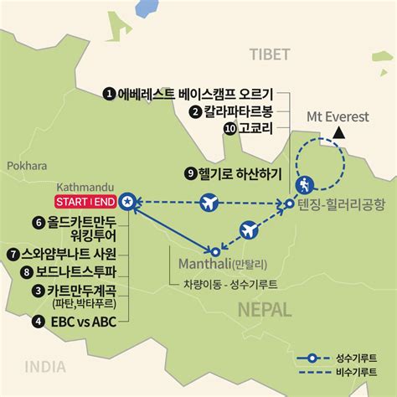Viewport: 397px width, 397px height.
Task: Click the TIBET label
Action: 270,54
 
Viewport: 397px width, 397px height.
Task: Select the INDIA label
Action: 45,365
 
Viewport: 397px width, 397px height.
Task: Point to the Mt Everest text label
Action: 338,117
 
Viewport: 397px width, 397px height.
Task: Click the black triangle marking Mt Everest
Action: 339,134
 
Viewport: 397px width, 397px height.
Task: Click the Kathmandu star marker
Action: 126,202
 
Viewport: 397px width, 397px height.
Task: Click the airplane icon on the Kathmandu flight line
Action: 208,202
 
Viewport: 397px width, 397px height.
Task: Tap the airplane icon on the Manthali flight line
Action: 249,229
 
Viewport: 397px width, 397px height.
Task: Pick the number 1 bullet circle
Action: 108,93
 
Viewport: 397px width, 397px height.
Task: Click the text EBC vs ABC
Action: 85,321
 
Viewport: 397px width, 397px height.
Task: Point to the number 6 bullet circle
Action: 37,223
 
